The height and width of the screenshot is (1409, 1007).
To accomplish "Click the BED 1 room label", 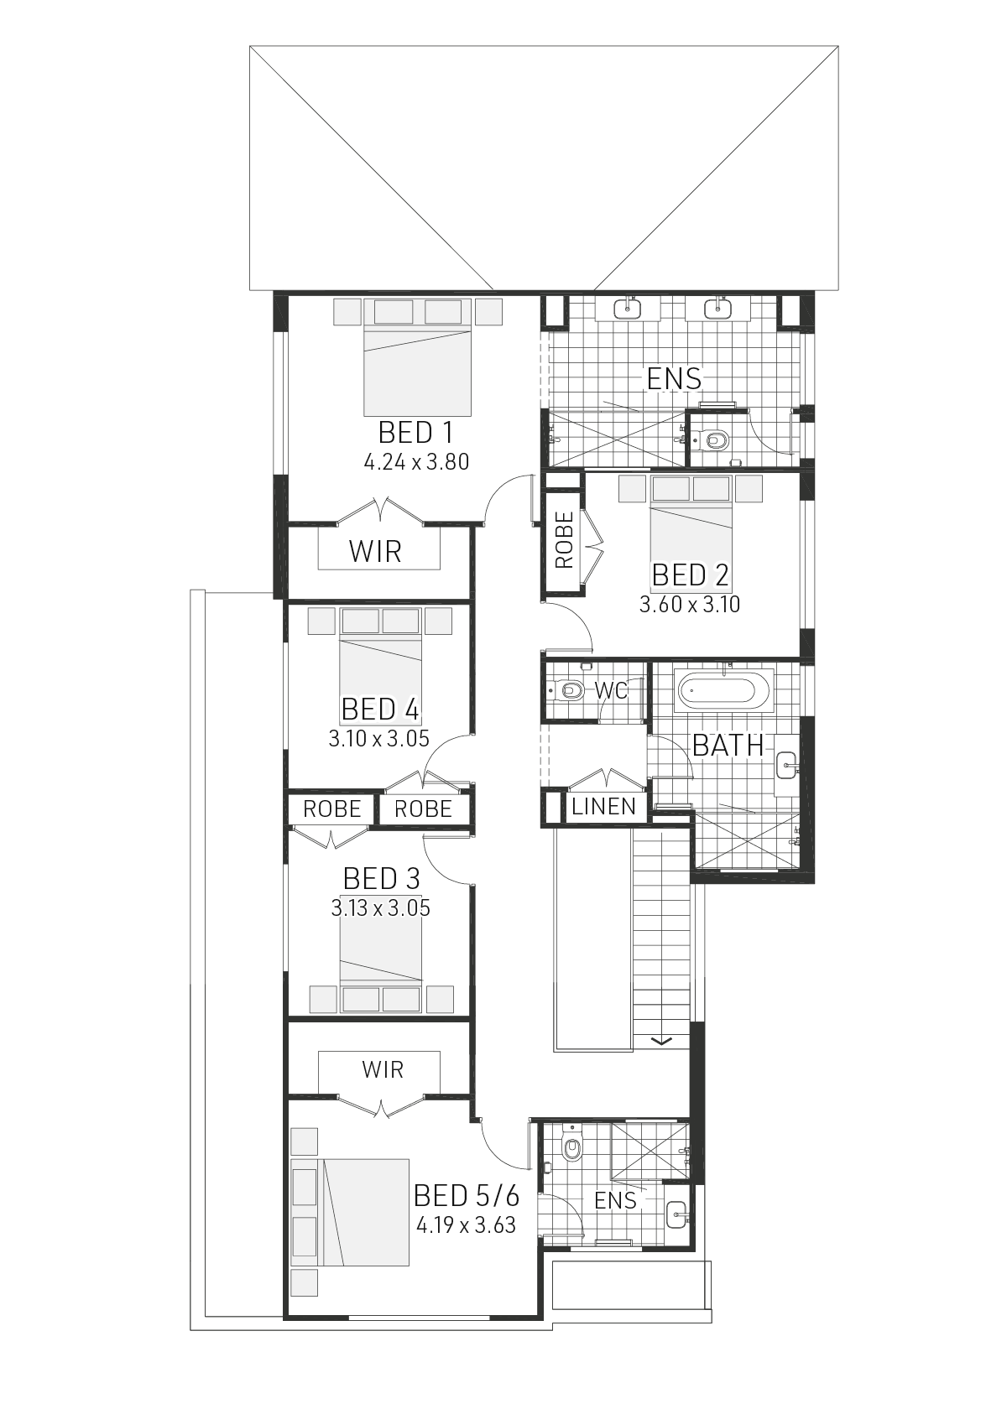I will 415,433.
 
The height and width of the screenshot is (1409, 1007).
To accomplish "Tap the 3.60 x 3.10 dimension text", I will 690,604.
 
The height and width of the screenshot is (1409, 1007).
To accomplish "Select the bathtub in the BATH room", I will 723,692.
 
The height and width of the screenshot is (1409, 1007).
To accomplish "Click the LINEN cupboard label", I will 603,807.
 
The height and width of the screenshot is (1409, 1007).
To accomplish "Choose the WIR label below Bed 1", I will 375,551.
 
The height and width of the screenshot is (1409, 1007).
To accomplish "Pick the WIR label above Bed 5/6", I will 383,1069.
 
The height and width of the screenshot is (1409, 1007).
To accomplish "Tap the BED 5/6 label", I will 467,1195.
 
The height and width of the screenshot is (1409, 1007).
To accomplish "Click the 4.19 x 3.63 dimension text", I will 466,1225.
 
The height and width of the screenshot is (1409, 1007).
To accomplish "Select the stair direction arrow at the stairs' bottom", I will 662,1042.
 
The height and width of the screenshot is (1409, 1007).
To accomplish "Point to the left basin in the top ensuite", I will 627,309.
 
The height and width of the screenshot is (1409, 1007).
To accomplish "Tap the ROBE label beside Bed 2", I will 564,540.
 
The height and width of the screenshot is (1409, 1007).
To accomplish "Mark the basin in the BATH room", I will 786,762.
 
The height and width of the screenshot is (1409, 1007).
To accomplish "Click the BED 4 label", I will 380,710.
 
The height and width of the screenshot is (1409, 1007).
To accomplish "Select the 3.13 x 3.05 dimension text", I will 380,907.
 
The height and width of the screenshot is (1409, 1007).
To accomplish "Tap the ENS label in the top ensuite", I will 674,379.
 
